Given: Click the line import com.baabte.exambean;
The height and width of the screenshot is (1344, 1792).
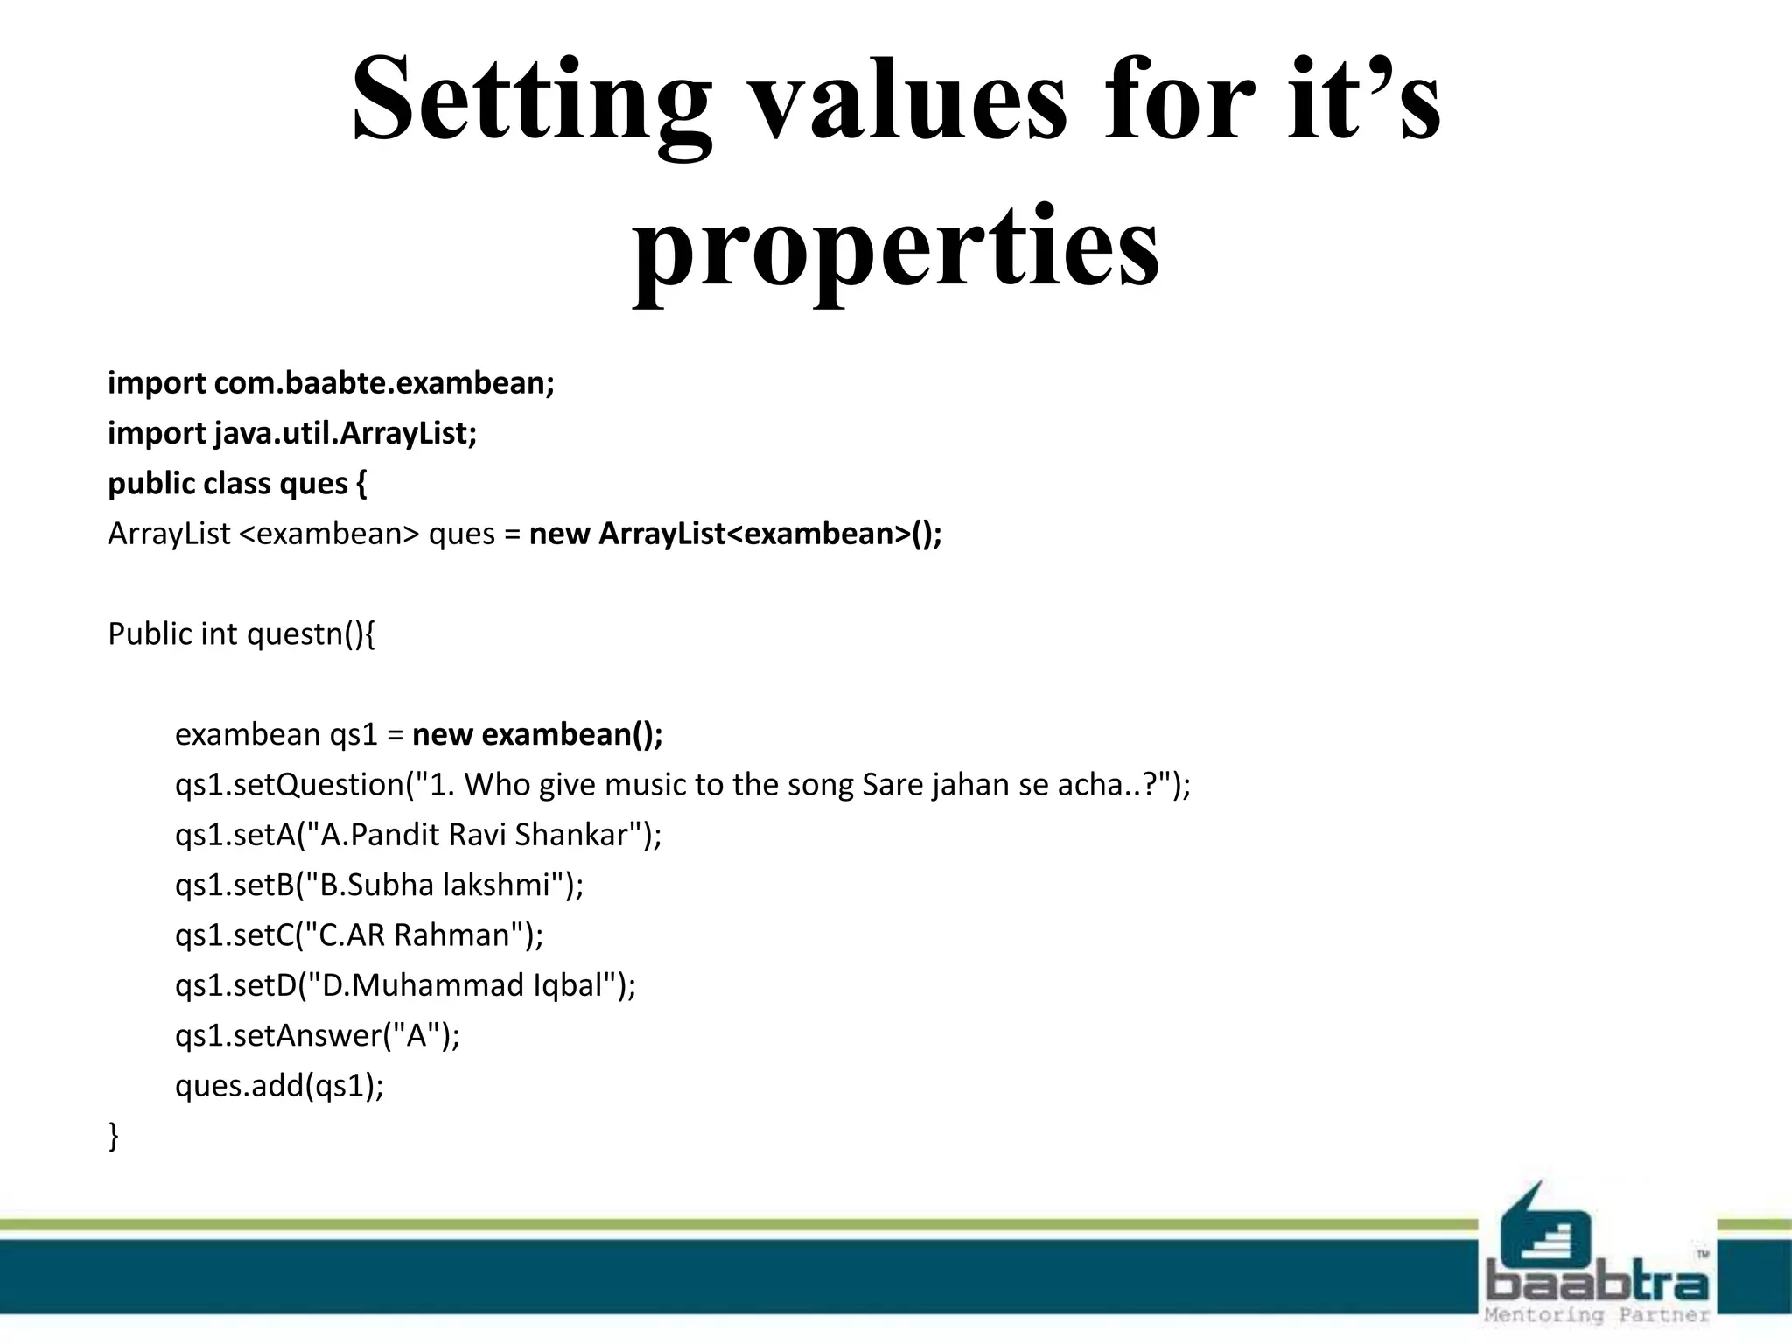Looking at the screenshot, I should [x=331, y=384].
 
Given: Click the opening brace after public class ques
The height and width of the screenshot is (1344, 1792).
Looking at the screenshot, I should [x=361, y=484].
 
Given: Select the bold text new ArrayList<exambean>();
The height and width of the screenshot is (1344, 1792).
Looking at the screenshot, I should [x=735, y=534].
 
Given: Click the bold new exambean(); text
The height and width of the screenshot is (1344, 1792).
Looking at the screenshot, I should [x=537, y=734].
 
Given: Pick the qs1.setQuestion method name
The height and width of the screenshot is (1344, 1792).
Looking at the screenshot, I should [x=289, y=785].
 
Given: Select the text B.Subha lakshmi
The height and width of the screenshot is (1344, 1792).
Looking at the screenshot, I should [x=434, y=885].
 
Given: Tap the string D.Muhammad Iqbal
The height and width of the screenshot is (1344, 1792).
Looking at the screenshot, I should [x=463, y=986].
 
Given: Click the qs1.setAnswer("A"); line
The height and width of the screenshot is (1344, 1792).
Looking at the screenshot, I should [x=317, y=1036].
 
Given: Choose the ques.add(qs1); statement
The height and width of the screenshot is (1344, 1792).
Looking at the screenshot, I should [x=279, y=1086].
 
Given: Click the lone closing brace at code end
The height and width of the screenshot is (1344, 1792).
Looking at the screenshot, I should [x=114, y=1137].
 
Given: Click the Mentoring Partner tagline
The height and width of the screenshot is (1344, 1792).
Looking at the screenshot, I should [x=1596, y=1315].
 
